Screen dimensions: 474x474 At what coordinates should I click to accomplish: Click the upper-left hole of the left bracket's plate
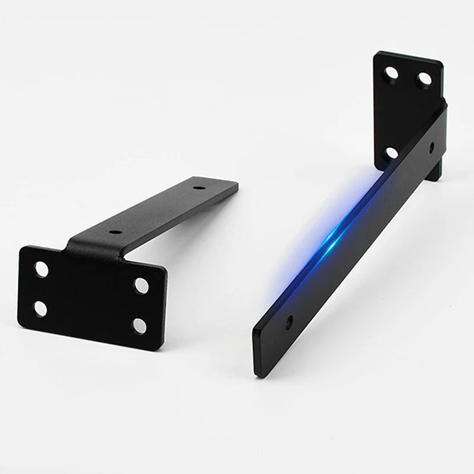(41, 270)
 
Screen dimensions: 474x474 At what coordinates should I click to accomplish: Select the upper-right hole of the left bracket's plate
(141, 286)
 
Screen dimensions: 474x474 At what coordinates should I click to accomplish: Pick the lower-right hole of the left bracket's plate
(139, 325)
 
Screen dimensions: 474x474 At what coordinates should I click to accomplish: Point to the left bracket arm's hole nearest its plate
(116, 232)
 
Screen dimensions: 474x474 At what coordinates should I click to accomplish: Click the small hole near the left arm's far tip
(199, 188)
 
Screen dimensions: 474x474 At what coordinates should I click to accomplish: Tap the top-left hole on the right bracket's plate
(392, 73)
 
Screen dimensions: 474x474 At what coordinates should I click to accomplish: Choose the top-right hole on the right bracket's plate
(424, 79)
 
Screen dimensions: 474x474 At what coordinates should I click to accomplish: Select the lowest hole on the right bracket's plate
(392, 153)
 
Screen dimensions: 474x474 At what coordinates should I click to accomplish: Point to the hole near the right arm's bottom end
(289, 321)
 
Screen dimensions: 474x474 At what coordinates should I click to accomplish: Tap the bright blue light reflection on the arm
(335, 238)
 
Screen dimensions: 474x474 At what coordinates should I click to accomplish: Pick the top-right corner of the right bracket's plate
(442, 62)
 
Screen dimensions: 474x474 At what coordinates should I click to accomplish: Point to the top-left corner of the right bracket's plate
(376, 53)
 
